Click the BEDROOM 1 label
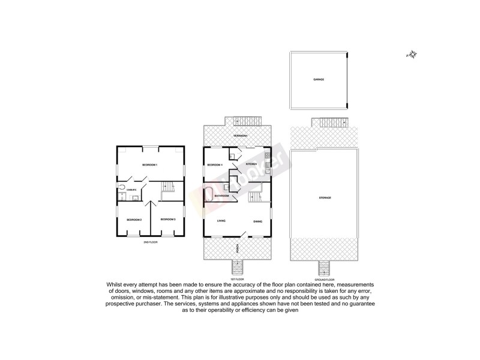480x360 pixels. [149, 164]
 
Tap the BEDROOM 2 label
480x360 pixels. [134, 220]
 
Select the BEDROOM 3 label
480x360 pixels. [167, 219]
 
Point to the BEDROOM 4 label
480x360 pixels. [215, 164]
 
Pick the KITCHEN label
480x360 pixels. [251, 164]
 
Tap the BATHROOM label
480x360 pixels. [222, 196]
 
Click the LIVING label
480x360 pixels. [221, 221]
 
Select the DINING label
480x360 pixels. [257, 221]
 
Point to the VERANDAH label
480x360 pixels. [238, 136]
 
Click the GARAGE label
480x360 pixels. [318, 79]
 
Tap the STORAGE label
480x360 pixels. [325, 197]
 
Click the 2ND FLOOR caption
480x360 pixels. [150, 242]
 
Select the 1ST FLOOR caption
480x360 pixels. [238, 278]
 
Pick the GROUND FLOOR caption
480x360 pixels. [325, 278]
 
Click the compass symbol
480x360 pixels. [412, 55]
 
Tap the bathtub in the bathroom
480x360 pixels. [209, 196]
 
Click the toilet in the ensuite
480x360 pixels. [124, 186]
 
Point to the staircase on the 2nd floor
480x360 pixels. [167, 188]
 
